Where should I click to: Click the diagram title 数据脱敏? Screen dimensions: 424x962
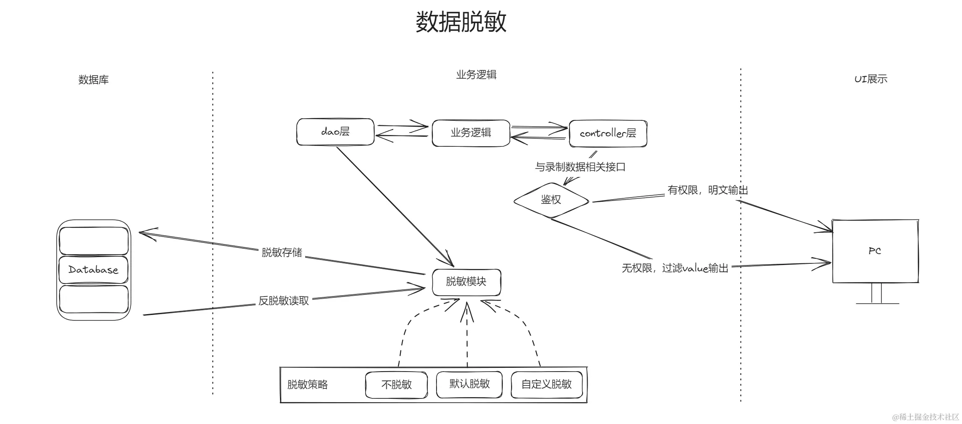coord(461,22)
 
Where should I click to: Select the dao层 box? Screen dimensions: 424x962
coord(335,132)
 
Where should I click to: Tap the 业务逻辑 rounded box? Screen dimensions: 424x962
coord(471,133)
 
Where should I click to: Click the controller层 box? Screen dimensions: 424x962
coord(607,133)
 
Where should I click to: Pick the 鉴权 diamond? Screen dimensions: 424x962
coord(551,200)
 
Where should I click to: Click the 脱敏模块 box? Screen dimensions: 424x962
coord(466,282)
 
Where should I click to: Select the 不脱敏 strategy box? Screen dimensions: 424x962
coord(396,385)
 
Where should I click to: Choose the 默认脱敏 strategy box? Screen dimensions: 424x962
coord(469,384)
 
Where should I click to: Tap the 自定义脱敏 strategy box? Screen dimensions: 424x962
coord(546,385)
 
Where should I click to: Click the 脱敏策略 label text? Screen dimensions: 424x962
coord(307,385)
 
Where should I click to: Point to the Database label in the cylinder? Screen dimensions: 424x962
coord(93,270)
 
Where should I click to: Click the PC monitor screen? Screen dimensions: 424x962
coord(875,251)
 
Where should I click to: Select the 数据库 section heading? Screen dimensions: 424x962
coord(93,80)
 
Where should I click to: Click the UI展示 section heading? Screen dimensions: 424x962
coord(871,79)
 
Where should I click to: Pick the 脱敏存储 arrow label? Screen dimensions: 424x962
coord(282,252)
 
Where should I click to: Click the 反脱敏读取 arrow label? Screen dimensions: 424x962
coord(283,301)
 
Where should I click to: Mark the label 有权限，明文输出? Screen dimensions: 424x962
coord(707,190)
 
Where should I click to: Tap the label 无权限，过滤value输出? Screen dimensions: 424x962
coord(674,268)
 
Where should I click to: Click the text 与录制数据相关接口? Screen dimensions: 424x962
coord(580,167)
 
